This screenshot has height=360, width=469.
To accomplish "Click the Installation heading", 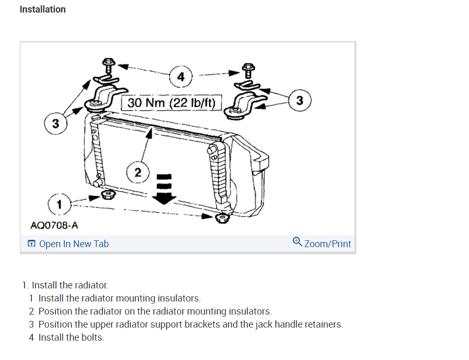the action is click(42, 9).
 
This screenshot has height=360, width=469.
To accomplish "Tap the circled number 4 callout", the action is click(181, 77).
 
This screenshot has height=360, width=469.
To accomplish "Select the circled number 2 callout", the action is click(138, 172).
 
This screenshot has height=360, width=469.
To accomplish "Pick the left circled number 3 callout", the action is click(55, 124).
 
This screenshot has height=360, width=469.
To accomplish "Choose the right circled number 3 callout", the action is click(299, 100).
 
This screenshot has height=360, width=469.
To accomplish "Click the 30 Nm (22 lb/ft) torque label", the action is click(171, 102).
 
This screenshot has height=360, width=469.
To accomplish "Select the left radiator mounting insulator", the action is click(108, 195).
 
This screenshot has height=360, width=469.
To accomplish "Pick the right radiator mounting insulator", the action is click(221, 217).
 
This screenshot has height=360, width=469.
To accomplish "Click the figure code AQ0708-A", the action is click(54, 225).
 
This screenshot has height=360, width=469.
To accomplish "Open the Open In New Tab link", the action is click(74, 244).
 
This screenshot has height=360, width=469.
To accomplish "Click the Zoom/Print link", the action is click(327, 244).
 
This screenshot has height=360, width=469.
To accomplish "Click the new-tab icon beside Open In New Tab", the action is click(32, 244).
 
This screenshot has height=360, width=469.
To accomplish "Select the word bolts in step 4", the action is click(92, 338).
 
